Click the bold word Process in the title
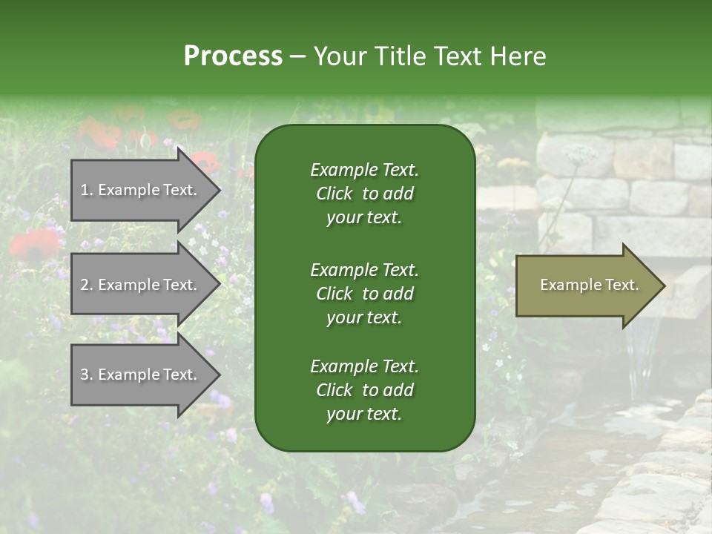click(x=233, y=56)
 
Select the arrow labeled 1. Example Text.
click(x=141, y=190)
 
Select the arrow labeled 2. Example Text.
click(x=141, y=285)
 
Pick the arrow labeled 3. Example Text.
click(x=141, y=375)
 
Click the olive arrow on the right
click(x=586, y=286)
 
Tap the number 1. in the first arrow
click(x=87, y=190)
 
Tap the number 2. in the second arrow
click(x=87, y=285)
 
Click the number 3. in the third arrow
click(x=87, y=375)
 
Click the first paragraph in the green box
click(x=364, y=194)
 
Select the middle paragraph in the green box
click(x=364, y=293)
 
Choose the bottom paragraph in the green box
click(x=364, y=390)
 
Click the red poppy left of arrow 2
click(x=33, y=243)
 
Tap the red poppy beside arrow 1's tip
click(x=204, y=162)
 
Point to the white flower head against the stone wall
click(x=580, y=154)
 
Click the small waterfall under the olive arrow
click(x=642, y=349)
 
